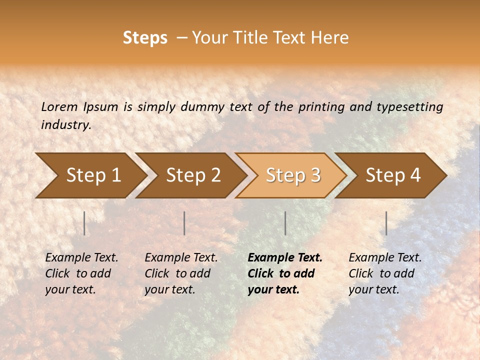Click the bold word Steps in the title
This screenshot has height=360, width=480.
tap(145, 38)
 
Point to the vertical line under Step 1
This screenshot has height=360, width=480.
tap(84, 223)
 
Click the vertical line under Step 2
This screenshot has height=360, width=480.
tap(184, 223)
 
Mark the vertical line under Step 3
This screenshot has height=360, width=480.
tap(285, 223)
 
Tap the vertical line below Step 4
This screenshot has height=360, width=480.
tap(386, 223)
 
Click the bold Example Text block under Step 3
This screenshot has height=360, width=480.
tap(285, 273)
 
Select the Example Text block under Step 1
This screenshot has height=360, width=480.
tap(81, 273)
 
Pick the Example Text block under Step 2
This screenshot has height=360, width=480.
tap(181, 273)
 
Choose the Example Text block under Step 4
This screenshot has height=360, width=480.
tap(385, 273)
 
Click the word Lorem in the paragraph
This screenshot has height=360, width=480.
tap(59, 107)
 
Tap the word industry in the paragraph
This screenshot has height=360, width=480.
tap(65, 125)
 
